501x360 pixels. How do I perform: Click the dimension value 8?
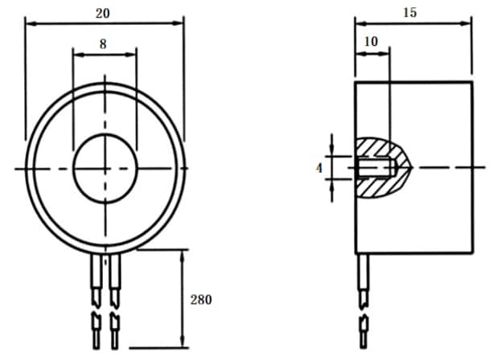pyautogui.click(x=103, y=45)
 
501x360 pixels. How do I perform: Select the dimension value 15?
pyautogui.click(x=411, y=14)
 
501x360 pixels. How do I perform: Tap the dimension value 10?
pyautogui.click(x=371, y=40)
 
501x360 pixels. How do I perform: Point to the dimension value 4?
pyautogui.click(x=319, y=168)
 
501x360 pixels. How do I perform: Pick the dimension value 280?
pyautogui.click(x=201, y=300)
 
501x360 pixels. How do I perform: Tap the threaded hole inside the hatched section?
pyautogui.click(x=374, y=168)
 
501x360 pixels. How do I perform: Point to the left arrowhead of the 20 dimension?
pyautogui.click(x=30, y=23)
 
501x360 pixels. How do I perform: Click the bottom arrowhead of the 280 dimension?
pyautogui.click(x=183, y=344)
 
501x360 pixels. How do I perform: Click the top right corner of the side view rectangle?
pyautogui.click(x=472, y=81)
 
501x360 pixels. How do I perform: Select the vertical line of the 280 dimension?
pyautogui.click(x=183, y=297)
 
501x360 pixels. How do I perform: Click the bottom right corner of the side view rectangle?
pyautogui.click(x=472, y=252)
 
